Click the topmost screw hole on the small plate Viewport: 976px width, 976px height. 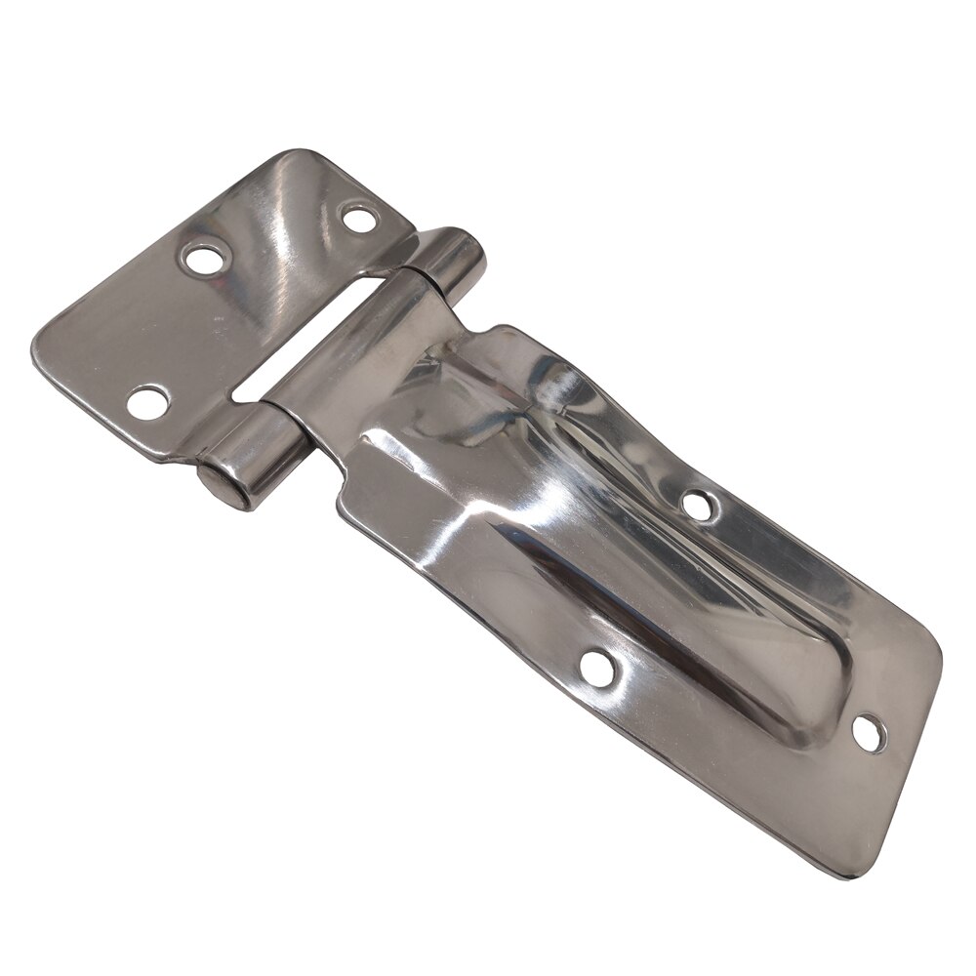(360, 216)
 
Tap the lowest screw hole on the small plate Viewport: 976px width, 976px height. (148, 401)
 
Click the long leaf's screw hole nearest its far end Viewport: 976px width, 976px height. (867, 735)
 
